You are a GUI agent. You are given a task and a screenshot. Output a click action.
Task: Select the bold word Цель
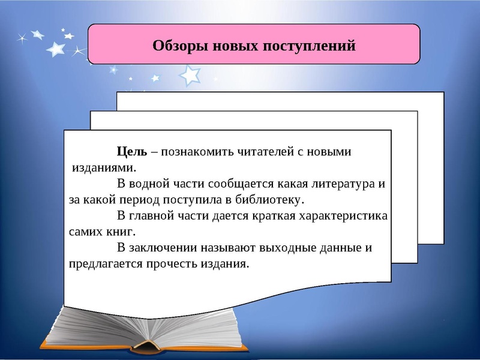pos(132,152)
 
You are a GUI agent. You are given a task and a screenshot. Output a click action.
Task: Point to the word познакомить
pos(198,152)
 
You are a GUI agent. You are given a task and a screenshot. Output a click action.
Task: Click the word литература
pos(338,184)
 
